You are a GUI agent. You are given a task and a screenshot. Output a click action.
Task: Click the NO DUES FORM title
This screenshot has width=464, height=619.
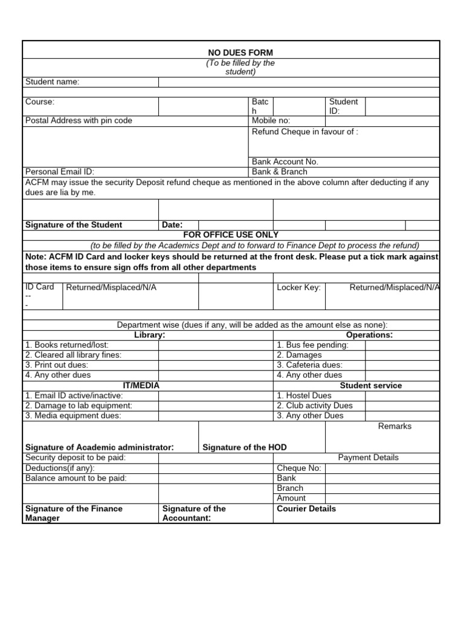[x=240, y=53]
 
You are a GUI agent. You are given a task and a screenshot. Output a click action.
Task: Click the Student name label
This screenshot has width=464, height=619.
[x=52, y=82]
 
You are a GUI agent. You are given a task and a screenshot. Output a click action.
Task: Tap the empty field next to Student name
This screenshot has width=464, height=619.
[x=298, y=82]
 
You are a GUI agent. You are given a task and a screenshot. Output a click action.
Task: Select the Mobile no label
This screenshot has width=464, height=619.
[x=271, y=121]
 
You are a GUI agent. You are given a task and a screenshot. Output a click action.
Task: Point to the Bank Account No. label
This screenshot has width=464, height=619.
[x=285, y=162]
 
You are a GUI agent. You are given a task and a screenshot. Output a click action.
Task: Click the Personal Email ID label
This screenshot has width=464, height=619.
[x=60, y=172]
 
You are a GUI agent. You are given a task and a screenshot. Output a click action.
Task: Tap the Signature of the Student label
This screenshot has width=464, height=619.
[x=73, y=225]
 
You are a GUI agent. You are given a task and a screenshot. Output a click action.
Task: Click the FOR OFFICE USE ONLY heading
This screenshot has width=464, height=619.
[x=231, y=235]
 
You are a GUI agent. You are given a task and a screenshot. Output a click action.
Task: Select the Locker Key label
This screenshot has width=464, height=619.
[x=298, y=287]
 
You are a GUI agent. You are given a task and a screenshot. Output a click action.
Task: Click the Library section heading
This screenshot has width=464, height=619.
[x=149, y=335]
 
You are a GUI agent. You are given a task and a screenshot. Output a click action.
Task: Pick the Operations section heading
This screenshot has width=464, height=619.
[x=369, y=335]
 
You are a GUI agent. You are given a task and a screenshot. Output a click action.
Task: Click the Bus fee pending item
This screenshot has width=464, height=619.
[x=312, y=345]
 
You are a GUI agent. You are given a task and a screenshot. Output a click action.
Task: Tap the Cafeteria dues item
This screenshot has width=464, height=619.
[x=309, y=365]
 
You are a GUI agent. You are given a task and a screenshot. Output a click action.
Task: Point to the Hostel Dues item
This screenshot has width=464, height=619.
[x=304, y=395]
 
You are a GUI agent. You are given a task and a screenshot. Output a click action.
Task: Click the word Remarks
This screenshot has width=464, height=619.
[x=395, y=426]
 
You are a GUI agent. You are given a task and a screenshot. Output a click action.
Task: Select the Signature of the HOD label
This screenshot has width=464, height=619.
[x=245, y=447]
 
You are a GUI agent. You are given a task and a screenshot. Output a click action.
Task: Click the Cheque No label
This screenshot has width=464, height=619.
[x=299, y=468]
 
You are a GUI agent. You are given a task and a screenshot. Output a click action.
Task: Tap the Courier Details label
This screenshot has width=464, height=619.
[x=306, y=508]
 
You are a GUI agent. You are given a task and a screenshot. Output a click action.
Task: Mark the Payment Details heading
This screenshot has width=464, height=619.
[x=369, y=458]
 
